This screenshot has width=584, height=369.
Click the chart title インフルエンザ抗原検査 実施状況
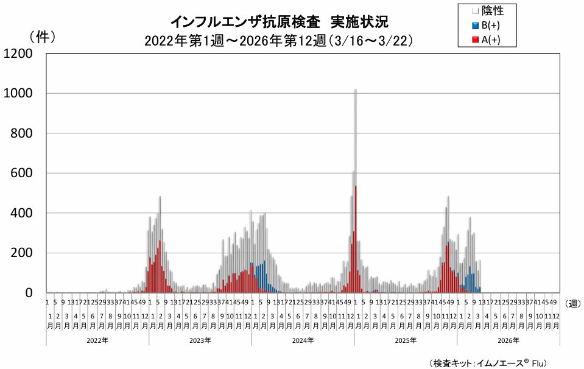tap(280, 22)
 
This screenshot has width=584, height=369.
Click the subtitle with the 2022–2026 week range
tap(280, 40)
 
